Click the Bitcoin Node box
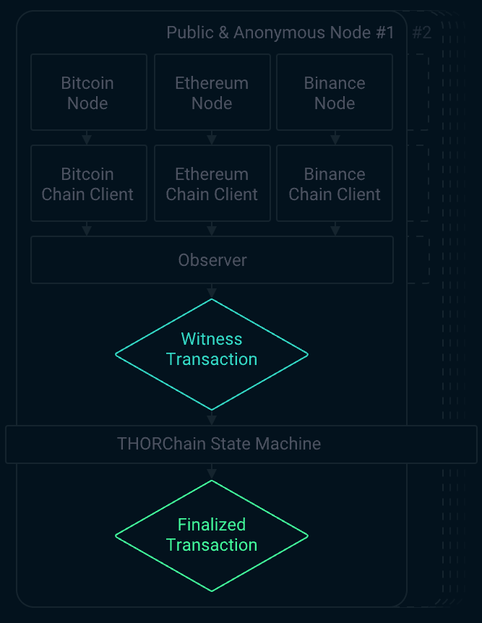[87, 93]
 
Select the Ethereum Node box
[212, 93]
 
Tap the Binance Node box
[335, 93]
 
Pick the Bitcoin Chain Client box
[87, 184]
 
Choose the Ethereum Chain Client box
[212, 184]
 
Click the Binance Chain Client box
[335, 184]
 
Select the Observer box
[212, 260]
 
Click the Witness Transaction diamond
[212, 354]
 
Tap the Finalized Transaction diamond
[212, 535]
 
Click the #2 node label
[421, 33]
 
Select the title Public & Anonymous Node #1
[280, 33]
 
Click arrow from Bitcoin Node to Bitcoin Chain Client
[87, 137]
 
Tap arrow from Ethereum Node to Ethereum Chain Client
[212, 137]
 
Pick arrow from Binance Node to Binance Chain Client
[335, 137]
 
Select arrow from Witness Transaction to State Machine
[212, 418]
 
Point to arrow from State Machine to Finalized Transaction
[212, 471]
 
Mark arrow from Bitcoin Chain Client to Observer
[87, 228]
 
